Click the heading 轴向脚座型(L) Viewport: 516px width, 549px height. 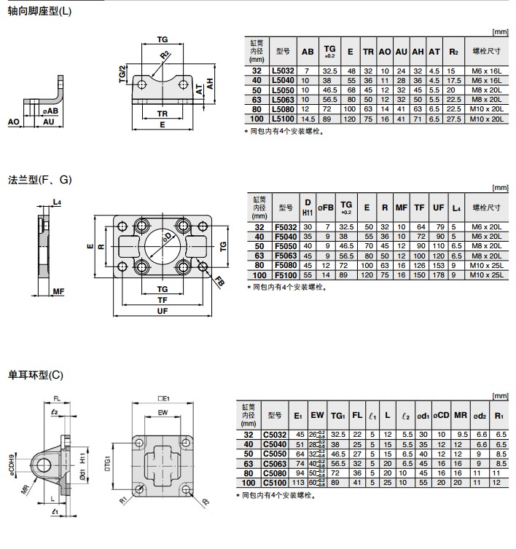click(x=40, y=12)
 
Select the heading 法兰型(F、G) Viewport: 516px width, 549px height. click(x=40, y=179)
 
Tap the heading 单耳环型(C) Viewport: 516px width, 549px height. click(x=36, y=375)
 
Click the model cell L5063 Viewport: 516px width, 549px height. click(x=283, y=100)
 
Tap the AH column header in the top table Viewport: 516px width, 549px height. click(x=418, y=52)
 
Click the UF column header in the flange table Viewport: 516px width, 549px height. click(x=438, y=208)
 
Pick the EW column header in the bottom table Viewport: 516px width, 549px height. click(x=317, y=415)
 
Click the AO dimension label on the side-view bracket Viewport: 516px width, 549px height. click(x=14, y=122)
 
